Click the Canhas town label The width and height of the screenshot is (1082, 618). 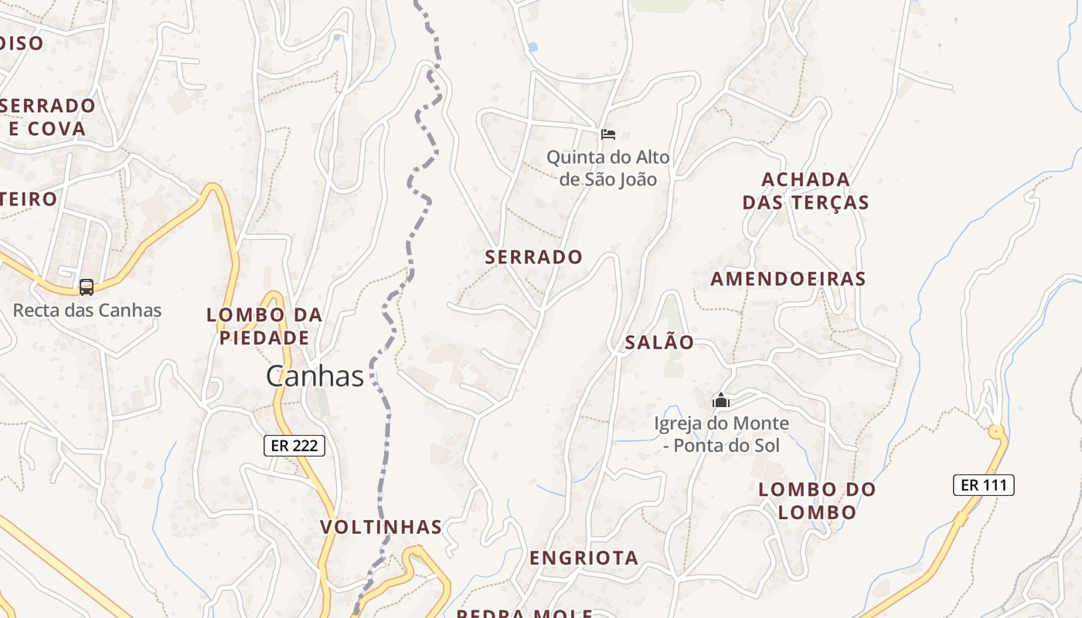click(315, 376)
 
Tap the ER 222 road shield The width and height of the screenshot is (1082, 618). click(294, 446)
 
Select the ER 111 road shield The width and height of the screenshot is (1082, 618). click(983, 485)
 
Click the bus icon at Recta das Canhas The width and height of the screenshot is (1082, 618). click(87, 287)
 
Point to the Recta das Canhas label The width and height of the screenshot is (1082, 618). click(87, 311)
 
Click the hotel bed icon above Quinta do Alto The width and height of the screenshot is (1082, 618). click(608, 134)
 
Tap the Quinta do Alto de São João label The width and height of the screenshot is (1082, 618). click(608, 168)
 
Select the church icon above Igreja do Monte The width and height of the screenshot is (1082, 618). click(721, 400)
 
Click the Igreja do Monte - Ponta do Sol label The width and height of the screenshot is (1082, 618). click(721, 434)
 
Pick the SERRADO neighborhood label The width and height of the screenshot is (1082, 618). click(534, 257)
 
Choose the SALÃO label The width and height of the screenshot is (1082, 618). click(659, 342)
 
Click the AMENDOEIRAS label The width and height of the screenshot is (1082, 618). click(788, 279)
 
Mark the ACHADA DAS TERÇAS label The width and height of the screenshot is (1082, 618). click(806, 191)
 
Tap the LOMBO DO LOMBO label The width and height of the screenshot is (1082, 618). click(817, 501)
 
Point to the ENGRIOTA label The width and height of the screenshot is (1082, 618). click(584, 558)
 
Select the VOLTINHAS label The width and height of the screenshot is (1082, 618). click(381, 528)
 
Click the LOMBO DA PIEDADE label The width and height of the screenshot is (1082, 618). click(264, 326)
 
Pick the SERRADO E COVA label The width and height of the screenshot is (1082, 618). click(49, 117)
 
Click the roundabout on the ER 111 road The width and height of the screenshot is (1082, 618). click(996, 431)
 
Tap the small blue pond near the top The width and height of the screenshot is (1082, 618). click(532, 47)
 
